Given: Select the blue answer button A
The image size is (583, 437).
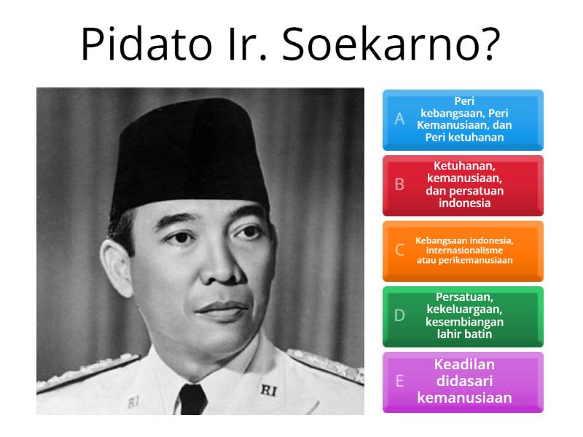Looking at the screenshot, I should (x=463, y=119).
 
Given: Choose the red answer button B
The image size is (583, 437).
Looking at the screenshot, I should (x=463, y=185).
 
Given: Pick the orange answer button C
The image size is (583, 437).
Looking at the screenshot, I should (x=463, y=251).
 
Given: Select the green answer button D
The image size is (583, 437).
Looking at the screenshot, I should (x=463, y=316).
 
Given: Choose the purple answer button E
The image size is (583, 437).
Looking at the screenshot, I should (x=463, y=382).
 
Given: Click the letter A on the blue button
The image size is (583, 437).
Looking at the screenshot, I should (x=399, y=119).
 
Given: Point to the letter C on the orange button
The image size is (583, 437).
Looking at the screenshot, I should (x=399, y=251).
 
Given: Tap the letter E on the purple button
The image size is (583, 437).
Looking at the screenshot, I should (x=399, y=382).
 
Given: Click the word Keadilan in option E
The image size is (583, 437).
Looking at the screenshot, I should (x=464, y=365).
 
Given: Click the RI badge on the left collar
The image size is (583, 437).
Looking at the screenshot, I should (x=133, y=401).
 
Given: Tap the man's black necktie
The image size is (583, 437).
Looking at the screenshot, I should (x=192, y=400).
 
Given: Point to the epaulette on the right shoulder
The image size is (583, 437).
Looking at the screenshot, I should (x=328, y=364).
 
